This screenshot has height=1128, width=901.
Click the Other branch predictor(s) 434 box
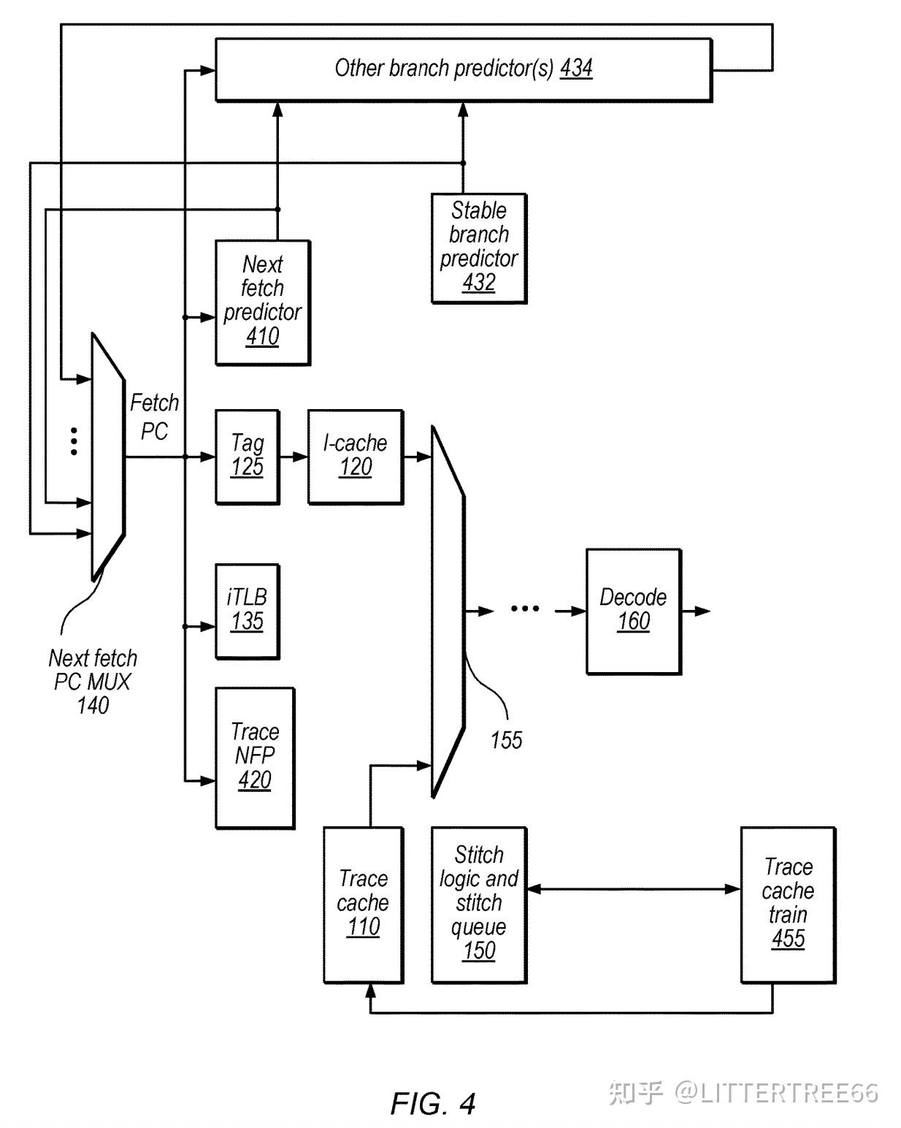pyautogui.click(x=464, y=69)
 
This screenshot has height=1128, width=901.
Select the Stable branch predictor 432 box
pyautogui.click(x=479, y=248)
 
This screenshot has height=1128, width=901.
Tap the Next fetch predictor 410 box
pyautogui.click(x=263, y=302)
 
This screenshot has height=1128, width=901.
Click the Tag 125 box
pyautogui.click(x=248, y=457)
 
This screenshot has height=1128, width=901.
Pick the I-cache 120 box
pyautogui.click(x=356, y=457)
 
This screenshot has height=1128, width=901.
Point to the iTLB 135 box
pyautogui.click(x=248, y=611)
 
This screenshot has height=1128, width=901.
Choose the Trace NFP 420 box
pyautogui.click(x=255, y=758)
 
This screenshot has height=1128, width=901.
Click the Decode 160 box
pyautogui.click(x=633, y=611)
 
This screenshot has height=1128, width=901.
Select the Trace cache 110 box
pyautogui.click(x=363, y=904)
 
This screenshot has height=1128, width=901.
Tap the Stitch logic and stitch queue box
pyautogui.click(x=479, y=904)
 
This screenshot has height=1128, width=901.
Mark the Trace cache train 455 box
pyautogui.click(x=788, y=904)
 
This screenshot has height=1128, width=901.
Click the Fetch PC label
pyautogui.click(x=155, y=417)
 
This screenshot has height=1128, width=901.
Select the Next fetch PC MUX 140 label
pyautogui.click(x=93, y=682)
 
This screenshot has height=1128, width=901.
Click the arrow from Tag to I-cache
pyautogui.click(x=294, y=457)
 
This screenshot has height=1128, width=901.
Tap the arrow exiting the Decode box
pyautogui.click(x=696, y=611)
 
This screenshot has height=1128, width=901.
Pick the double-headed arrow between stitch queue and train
pyautogui.click(x=634, y=889)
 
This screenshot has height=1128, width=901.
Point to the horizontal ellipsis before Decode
pyautogui.click(x=525, y=609)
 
